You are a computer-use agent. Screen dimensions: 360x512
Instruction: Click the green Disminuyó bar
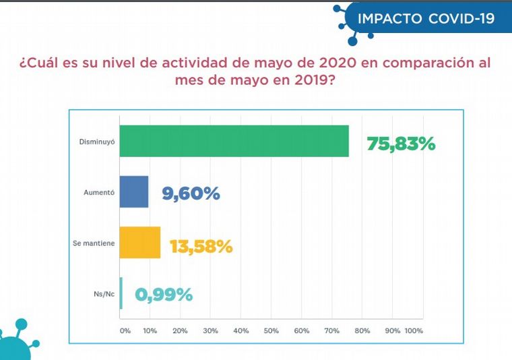click(234, 141)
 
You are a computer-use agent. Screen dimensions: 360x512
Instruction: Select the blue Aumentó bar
click(133, 191)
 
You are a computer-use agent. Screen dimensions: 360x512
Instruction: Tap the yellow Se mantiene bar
click(139, 242)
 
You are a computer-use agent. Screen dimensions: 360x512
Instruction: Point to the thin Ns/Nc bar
click(121, 293)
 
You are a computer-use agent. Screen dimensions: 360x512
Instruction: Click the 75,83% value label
click(401, 144)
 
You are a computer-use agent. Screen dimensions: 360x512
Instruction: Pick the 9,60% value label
click(191, 194)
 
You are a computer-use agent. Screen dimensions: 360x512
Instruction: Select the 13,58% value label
click(201, 246)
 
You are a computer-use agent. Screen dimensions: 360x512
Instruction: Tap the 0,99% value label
click(164, 295)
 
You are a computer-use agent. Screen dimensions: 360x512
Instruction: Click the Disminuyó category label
click(97, 142)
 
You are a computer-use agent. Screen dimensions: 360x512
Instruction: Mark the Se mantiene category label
click(94, 243)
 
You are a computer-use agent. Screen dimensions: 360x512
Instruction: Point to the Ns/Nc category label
click(104, 294)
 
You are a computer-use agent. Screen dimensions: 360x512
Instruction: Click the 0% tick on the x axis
click(125, 331)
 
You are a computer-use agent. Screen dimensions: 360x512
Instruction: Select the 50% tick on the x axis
click(271, 331)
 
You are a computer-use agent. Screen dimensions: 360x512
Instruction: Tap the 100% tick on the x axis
click(413, 331)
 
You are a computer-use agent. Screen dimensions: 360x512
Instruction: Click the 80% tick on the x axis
click(362, 331)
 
